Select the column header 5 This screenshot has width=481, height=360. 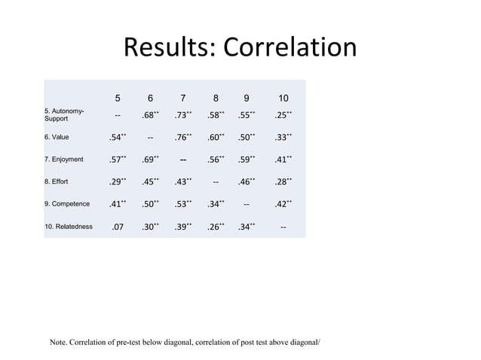tap(118, 98)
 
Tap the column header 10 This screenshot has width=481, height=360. tap(282, 98)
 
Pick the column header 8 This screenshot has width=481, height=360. tap(216, 98)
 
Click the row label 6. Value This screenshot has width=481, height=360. tap(60, 138)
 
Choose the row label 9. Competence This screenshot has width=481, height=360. tap(68, 204)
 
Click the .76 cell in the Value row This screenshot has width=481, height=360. tap(182, 138)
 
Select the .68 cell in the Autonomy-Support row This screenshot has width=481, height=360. tap(149, 115)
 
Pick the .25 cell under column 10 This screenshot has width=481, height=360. tap(280, 115)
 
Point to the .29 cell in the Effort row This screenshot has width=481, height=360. tap(116, 182)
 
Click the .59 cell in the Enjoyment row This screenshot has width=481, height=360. tap(247, 160)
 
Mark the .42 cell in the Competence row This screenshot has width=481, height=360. tap(280, 204)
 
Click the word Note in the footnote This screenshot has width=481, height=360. tap(59, 343)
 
